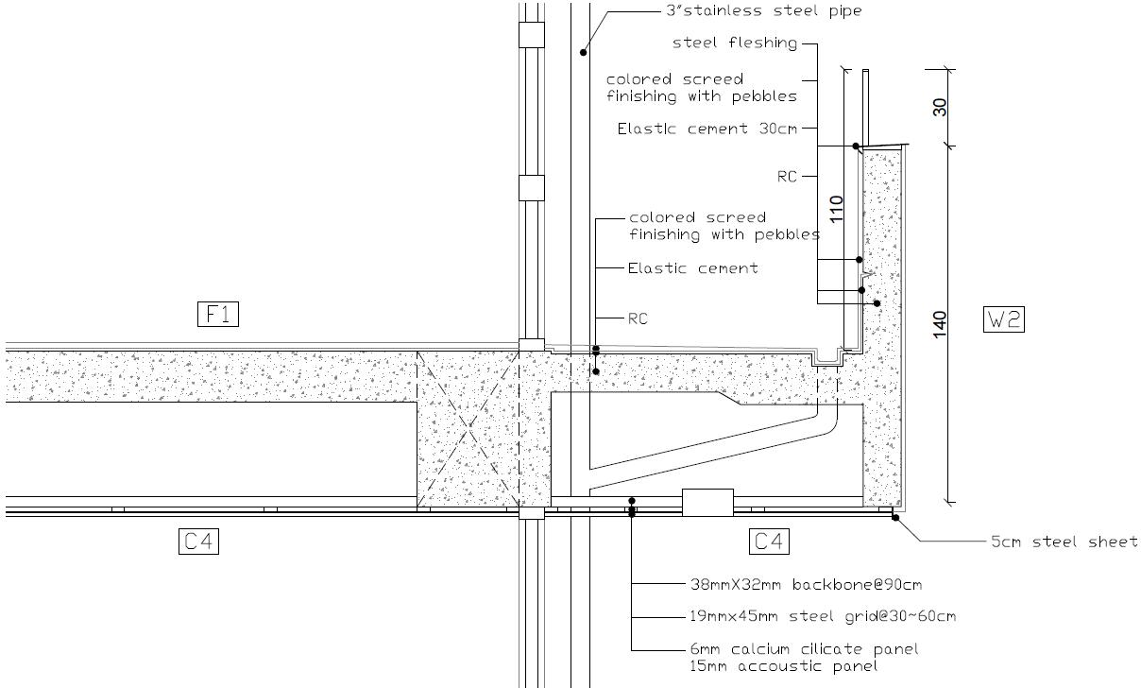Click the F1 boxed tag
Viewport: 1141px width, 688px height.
(x=218, y=314)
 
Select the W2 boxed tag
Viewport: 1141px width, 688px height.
(x=1003, y=319)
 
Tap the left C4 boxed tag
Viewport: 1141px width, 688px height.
(x=198, y=542)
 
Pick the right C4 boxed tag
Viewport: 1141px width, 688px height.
(x=770, y=542)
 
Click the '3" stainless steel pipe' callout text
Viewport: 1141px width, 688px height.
(x=764, y=11)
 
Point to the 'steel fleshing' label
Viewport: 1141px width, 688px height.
(x=734, y=43)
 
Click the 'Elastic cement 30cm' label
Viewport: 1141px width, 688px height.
(x=707, y=129)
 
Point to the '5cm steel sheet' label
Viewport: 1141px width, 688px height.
(x=1064, y=542)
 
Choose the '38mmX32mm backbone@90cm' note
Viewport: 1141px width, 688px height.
(x=805, y=584)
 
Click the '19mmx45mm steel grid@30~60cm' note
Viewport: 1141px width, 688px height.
(x=822, y=616)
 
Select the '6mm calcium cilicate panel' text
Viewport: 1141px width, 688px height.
(x=804, y=649)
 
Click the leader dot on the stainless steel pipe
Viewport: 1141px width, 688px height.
(x=584, y=52)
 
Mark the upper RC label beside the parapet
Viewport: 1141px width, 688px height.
(x=787, y=176)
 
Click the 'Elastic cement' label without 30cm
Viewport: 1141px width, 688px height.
(x=692, y=268)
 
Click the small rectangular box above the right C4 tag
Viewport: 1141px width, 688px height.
(x=707, y=502)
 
